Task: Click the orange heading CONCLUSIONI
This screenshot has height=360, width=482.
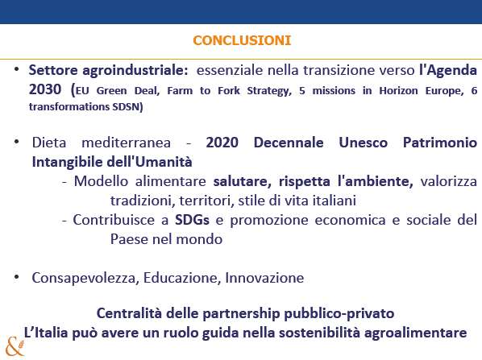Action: [242, 40]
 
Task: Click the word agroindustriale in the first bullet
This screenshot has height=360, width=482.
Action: [135, 71]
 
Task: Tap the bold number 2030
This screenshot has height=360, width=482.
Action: [45, 89]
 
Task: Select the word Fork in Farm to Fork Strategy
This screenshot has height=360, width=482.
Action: [229, 91]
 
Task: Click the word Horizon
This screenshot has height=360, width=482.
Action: [398, 91]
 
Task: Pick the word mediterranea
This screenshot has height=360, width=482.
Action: [126, 143]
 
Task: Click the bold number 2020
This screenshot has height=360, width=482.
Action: [222, 143]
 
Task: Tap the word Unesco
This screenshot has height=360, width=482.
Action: [363, 143]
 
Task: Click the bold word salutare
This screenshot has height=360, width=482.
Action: [243, 181]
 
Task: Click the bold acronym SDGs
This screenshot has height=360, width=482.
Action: [192, 220]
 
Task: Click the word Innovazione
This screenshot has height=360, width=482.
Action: [264, 278]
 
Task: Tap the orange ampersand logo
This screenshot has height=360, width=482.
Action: [15, 347]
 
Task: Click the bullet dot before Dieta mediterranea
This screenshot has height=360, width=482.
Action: [17, 142]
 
